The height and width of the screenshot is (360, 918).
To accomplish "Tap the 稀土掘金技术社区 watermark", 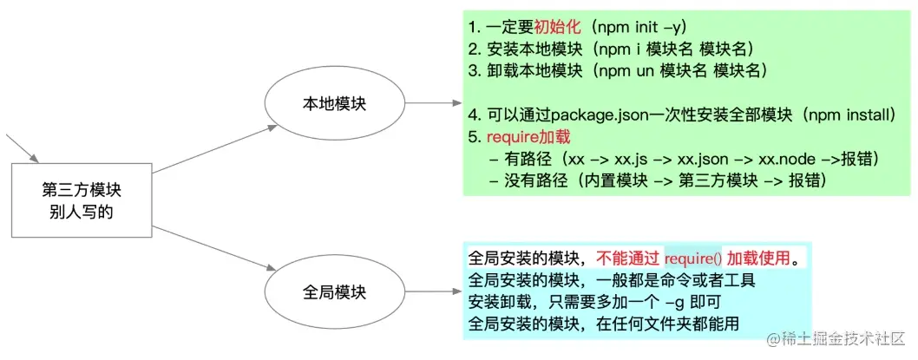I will pyautogui.click(x=834, y=337).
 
